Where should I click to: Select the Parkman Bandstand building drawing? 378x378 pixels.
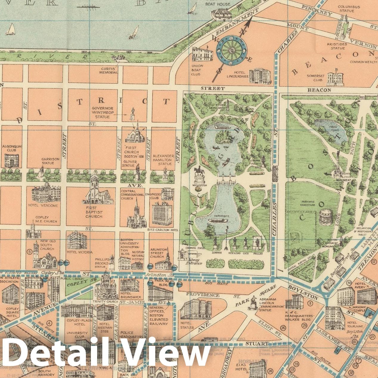pyautogui.click(x=326, y=217)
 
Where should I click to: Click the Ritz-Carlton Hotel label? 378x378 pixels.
pyautogui.click(x=162, y=230)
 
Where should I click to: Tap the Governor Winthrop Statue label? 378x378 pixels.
pyautogui.click(x=103, y=112)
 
